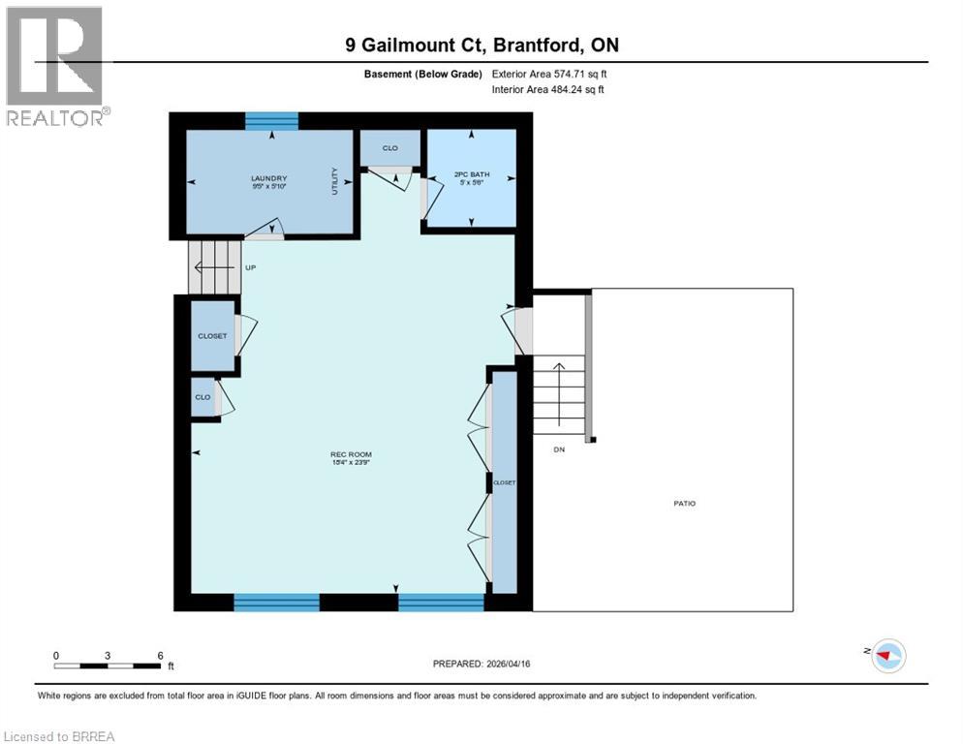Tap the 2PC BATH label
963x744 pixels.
click(x=472, y=174)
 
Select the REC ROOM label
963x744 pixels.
click(x=351, y=454)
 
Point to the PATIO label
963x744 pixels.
click(x=685, y=503)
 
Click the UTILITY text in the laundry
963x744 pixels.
click(x=334, y=179)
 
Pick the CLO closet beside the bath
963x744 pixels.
click(x=389, y=148)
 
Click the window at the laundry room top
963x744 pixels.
click(x=271, y=120)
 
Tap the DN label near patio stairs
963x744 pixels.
click(x=559, y=449)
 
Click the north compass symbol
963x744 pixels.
click(x=885, y=655)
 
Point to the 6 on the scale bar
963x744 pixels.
click(x=160, y=655)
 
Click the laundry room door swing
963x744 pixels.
click(x=264, y=229)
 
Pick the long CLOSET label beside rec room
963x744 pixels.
click(x=504, y=481)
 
